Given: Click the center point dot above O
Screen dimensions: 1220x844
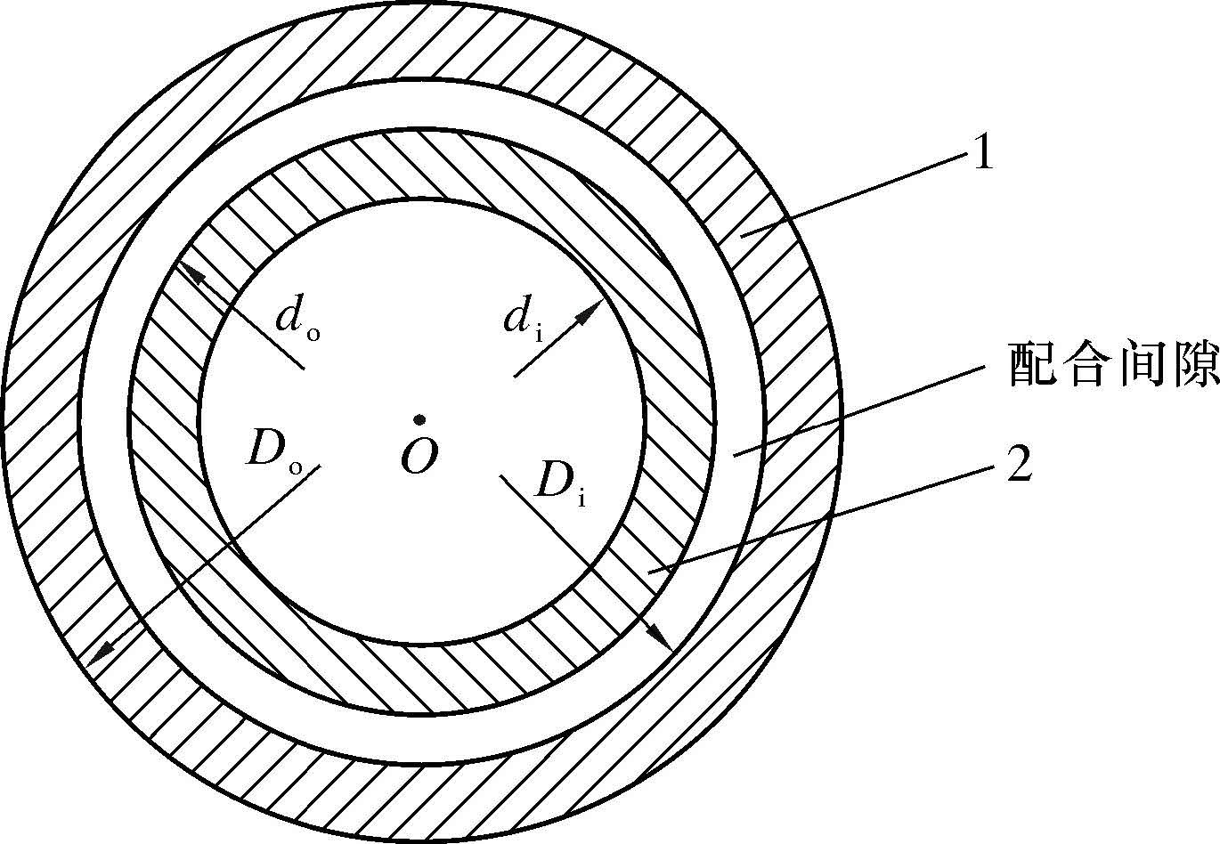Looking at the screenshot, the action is [417, 420].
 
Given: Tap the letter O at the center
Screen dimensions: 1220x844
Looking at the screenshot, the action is [418, 457].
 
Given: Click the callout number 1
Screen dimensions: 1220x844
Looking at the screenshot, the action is [981, 155].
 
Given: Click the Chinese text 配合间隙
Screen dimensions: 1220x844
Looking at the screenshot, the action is [1113, 365].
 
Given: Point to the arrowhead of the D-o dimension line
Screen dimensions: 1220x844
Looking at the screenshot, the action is [102, 653].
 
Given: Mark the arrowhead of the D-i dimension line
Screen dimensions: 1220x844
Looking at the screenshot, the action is [659, 636].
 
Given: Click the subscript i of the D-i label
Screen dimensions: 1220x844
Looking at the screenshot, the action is [582, 499].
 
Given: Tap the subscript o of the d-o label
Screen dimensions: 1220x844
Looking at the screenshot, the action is [313, 335].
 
